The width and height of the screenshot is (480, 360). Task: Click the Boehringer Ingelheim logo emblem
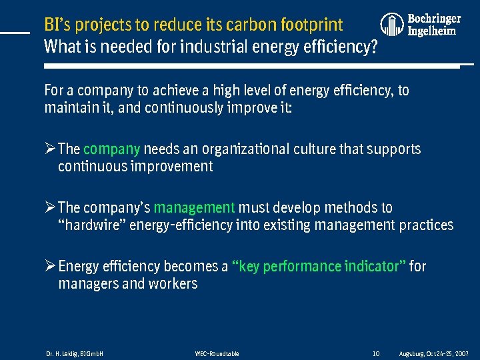click(x=393, y=25)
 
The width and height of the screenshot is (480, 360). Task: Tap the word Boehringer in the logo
click(x=434, y=19)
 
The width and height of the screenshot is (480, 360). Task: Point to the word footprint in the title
click(x=312, y=25)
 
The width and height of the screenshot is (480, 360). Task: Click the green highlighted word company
click(x=111, y=149)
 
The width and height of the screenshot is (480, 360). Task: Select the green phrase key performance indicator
click(x=318, y=266)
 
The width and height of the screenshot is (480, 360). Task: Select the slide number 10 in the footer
click(x=375, y=353)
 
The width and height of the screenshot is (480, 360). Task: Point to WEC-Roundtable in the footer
click(x=217, y=353)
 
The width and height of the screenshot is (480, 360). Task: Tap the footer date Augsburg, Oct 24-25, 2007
click(x=433, y=353)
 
